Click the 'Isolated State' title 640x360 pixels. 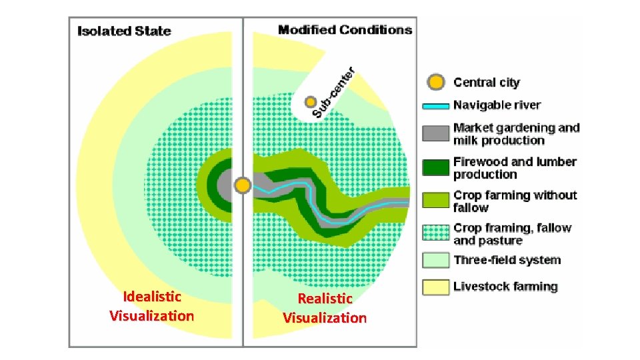[x=124, y=31]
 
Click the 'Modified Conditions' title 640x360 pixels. [x=345, y=29]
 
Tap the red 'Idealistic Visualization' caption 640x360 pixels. [x=152, y=306]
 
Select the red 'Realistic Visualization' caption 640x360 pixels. [x=325, y=308]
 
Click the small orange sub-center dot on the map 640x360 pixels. [x=310, y=102]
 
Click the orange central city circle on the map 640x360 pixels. [x=243, y=184]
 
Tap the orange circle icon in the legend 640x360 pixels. [x=435, y=83]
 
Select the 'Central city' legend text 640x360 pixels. [x=486, y=83]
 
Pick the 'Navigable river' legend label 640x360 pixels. [x=497, y=105]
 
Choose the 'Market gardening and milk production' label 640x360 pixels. [x=516, y=134]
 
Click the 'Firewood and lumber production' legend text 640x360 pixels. [x=515, y=168]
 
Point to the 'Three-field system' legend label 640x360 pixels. [x=507, y=260]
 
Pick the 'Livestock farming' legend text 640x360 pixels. [x=505, y=287]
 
